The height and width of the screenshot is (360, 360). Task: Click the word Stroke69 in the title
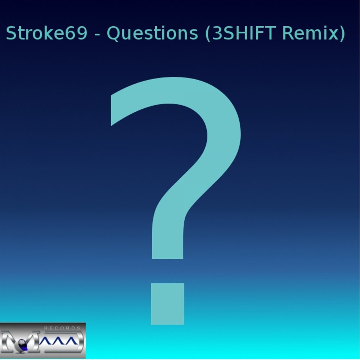click(47, 34)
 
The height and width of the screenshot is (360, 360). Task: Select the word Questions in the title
click(153, 34)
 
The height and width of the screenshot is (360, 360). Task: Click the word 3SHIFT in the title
click(245, 34)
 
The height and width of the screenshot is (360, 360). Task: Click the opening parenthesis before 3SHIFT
click(208, 34)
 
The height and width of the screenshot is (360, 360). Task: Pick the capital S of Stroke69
click(11, 34)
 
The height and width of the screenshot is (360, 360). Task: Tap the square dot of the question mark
click(167, 304)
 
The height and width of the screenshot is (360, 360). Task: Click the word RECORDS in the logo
click(62, 328)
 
